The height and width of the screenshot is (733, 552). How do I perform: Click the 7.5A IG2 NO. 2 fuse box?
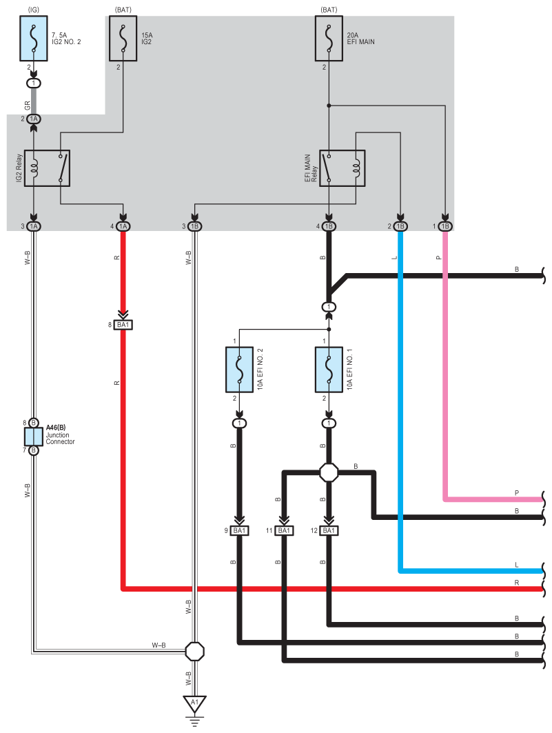(34, 39)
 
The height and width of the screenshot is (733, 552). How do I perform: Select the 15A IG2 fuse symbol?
(123, 39)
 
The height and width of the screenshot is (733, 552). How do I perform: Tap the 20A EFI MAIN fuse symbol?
(329, 39)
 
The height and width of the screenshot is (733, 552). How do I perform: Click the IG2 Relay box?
(47, 168)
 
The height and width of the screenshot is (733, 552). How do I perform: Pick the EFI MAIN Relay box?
(343, 168)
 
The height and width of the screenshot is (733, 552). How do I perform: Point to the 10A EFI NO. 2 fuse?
(239, 370)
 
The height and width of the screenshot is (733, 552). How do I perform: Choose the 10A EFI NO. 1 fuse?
(329, 370)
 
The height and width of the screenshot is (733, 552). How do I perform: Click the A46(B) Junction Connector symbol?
(34, 436)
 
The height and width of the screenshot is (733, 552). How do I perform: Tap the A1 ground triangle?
(195, 703)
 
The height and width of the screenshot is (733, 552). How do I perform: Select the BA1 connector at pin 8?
(123, 324)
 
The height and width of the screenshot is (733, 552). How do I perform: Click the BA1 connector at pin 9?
(239, 530)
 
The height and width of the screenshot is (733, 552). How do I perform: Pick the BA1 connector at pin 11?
(284, 530)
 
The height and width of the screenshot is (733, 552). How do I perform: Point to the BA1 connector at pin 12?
(329, 530)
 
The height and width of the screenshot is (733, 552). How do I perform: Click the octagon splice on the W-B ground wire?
(195, 651)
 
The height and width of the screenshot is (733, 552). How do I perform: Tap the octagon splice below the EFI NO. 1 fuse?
(329, 472)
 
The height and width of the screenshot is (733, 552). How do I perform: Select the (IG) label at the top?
(34, 10)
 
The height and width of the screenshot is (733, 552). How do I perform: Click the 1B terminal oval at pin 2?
(400, 226)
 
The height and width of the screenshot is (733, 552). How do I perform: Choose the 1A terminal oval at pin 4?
(123, 226)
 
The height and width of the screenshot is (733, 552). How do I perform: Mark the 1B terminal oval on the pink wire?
(445, 226)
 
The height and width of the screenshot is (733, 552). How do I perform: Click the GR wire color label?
(27, 106)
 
